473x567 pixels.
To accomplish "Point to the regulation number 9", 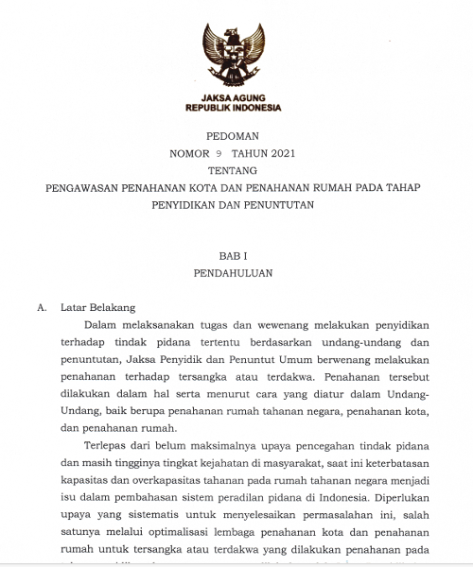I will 218,153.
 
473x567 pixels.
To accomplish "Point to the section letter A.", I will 41,307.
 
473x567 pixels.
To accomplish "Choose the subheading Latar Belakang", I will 98,307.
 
